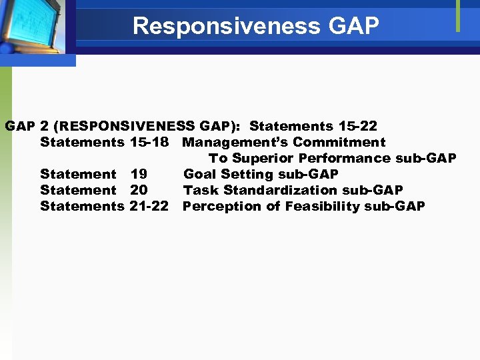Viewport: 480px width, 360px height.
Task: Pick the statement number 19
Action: point(139,174)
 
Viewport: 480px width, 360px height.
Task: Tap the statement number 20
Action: point(139,190)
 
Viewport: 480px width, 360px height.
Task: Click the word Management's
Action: point(235,142)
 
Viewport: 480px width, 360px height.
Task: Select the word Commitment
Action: point(339,142)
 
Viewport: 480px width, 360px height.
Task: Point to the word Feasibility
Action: point(323,206)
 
